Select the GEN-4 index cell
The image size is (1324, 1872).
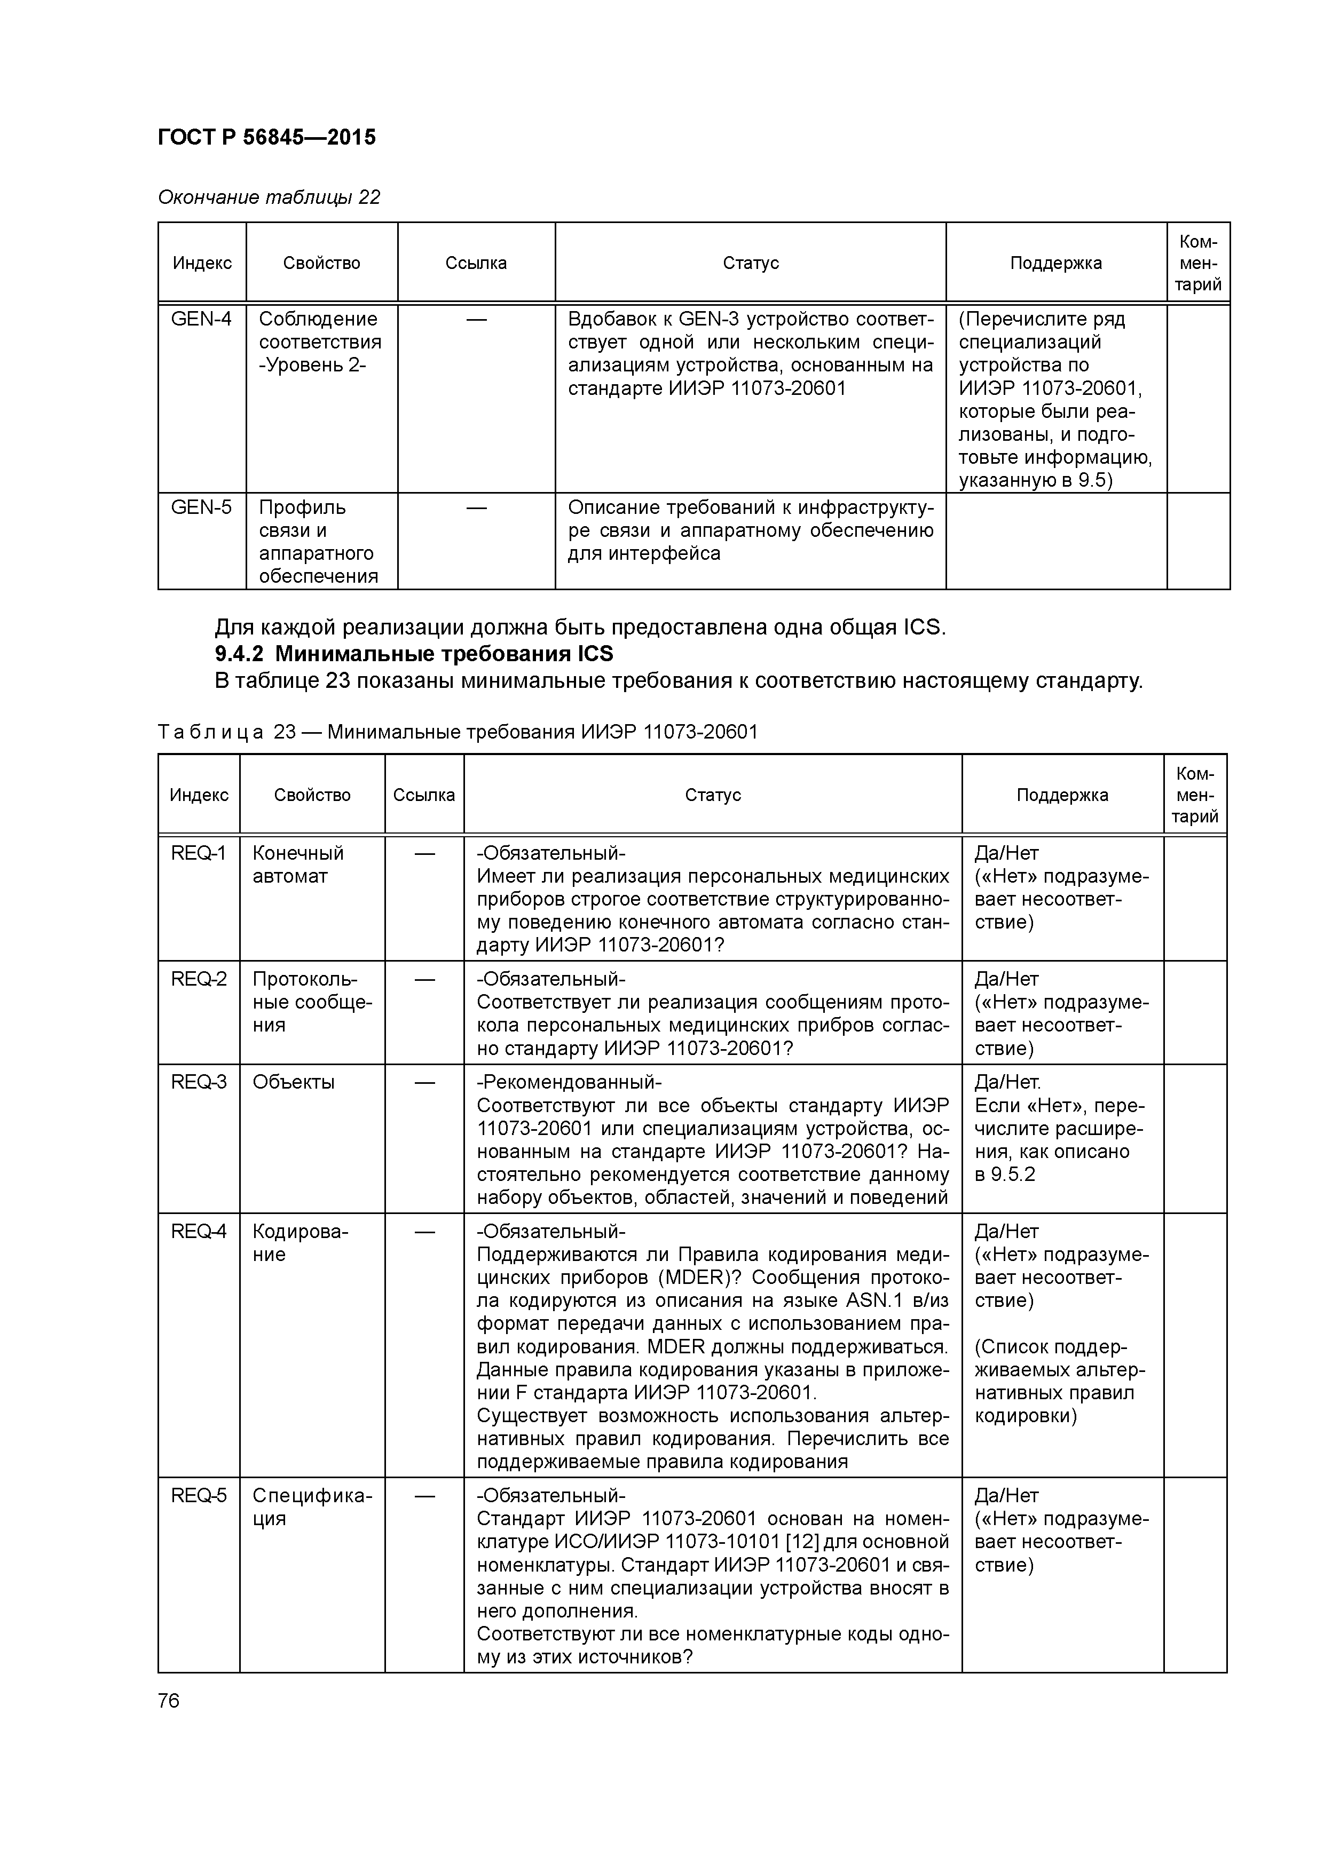[201, 319]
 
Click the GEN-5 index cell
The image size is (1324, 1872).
[201, 507]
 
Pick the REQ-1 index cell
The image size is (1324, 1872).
[198, 853]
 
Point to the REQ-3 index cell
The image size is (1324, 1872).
[198, 1082]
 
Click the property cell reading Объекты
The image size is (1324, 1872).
[294, 1082]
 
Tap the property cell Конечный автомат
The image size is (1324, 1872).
[298, 864]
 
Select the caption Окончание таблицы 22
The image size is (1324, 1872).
[269, 197]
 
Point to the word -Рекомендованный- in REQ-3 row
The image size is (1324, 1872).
[569, 1082]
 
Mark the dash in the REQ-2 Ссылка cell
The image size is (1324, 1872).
[424, 978]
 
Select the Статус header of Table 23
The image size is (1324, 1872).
[712, 795]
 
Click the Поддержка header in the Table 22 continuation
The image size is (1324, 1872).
[1055, 263]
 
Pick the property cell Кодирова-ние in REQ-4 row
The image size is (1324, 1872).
[300, 1242]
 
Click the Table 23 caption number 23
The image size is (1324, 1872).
[285, 732]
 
